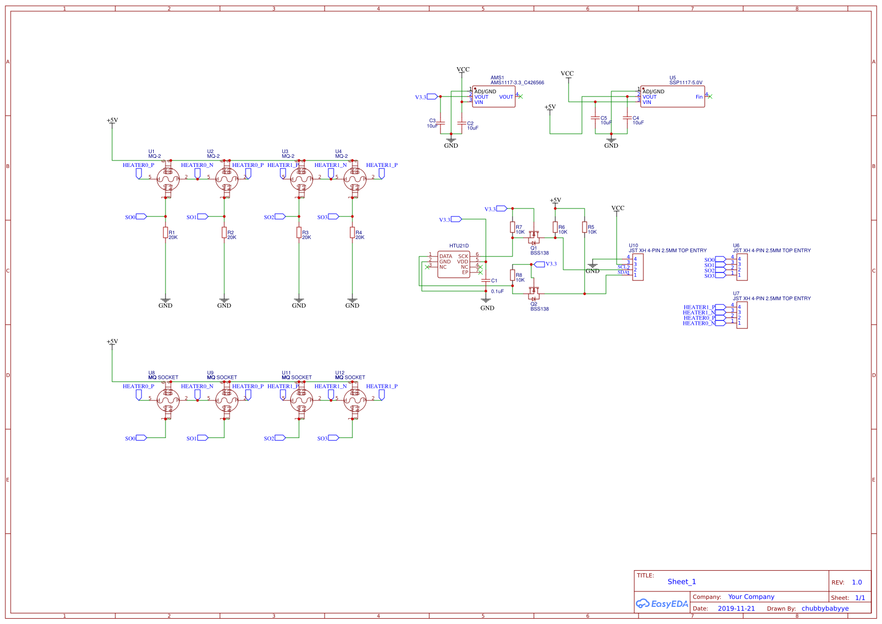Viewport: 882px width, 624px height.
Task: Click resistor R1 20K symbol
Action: pyautogui.click(x=166, y=233)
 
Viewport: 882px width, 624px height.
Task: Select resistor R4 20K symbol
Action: pyautogui.click(x=352, y=233)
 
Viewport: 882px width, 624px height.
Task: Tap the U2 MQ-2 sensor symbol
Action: pyautogui.click(x=226, y=179)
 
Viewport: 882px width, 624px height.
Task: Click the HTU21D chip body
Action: pyautogui.click(x=454, y=265)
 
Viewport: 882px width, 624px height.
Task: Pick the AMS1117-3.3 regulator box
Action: pyautogui.click(x=494, y=97)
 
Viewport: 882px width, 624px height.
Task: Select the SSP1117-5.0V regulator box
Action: pyautogui.click(x=673, y=97)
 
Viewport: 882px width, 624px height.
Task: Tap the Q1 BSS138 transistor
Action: pyautogui.click(x=533, y=238)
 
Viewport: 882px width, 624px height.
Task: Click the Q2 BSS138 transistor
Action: pyautogui.click(x=533, y=293)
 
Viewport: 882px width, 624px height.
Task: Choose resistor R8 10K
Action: pyautogui.click(x=513, y=275)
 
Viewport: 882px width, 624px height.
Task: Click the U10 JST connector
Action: pyautogui.click(x=637, y=267)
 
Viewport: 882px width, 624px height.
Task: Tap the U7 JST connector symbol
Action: pyautogui.click(x=742, y=315)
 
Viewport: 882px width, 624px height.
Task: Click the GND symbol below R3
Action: pyautogui.click(x=299, y=301)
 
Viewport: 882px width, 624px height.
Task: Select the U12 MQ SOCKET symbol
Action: pyautogui.click(x=355, y=401)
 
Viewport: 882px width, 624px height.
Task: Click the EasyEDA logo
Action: pyautogui.click(x=662, y=604)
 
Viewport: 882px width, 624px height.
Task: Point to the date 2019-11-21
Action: pyautogui.click(x=736, y=609)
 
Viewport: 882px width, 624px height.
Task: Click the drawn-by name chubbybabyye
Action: pyautogui.click(x=825, y=609)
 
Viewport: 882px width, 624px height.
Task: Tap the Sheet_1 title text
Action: pyautogui.click(x=682, y=582)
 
